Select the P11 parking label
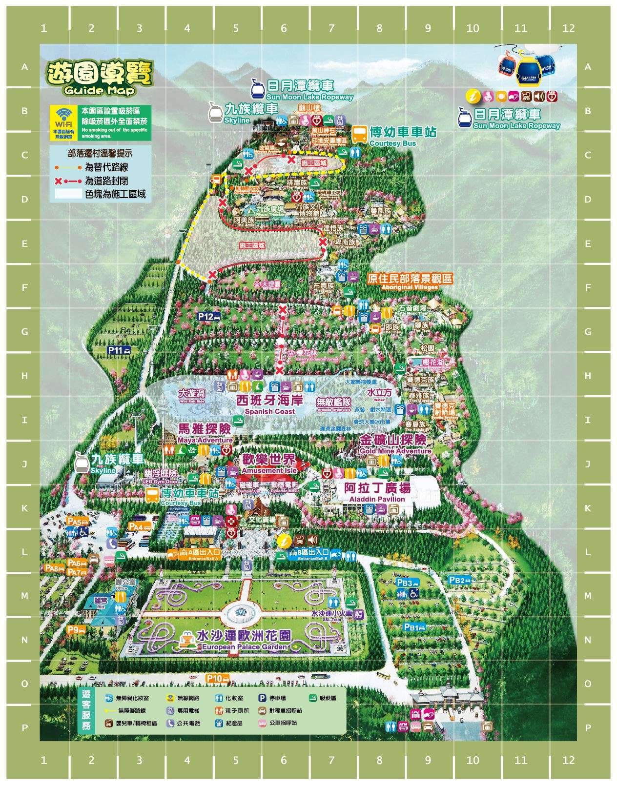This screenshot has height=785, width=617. pyautogui.click(x=119, y=350)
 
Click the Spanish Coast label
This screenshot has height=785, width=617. pyautogui.click(x=270, y=404)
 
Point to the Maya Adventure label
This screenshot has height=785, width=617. pyautogui.click(x=205, y=433)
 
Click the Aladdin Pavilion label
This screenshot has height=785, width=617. pyautogui.click(x=377, y=492)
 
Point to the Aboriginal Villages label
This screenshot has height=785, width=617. pyautogui.click(x=410, y=281)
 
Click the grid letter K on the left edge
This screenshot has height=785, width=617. pyautogui.click(x=24, y=508)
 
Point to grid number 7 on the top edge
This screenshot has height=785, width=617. pyautogui.click(x=331, y=28)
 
